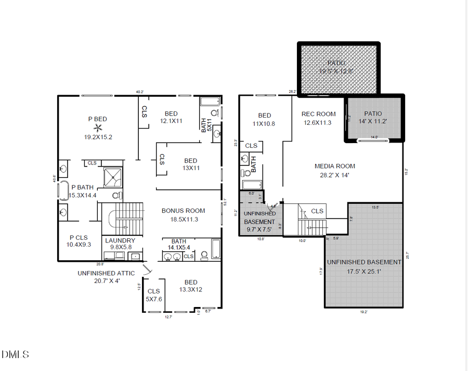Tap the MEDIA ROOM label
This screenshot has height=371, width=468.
pos(335,167)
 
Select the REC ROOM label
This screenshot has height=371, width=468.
pos(318,114)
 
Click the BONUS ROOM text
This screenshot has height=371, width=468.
pos(183,211)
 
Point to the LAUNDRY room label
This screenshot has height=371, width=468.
pos(120,240)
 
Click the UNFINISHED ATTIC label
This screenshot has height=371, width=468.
pos(106,273)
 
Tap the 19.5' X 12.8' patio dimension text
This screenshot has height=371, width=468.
pos(337,71)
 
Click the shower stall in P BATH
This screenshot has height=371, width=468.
pos(113,177)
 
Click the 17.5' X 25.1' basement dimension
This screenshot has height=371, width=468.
pos(363,271)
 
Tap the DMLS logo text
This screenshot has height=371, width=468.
pos(15,354)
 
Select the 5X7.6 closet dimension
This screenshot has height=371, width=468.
pos(154,299)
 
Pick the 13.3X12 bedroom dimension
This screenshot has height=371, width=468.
pos(190,289)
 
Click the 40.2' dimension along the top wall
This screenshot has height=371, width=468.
pos(139,92)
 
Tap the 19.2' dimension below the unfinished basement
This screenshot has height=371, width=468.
pos(363,312)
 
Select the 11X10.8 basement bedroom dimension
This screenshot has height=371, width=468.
pos(264,124)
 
